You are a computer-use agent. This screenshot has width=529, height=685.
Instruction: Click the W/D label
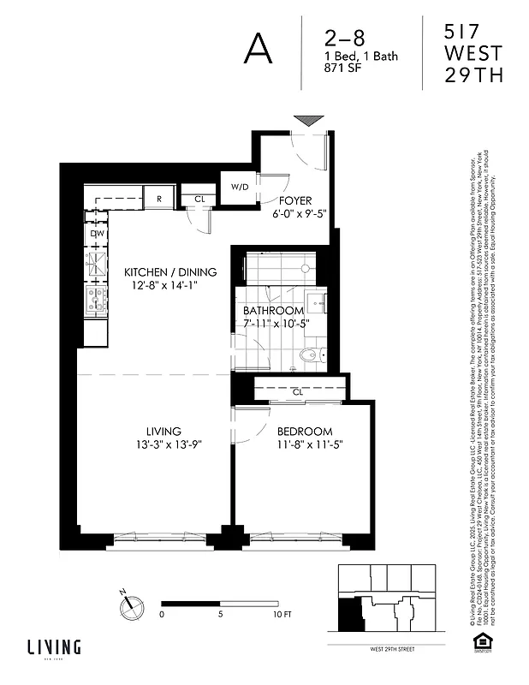coord(239,188)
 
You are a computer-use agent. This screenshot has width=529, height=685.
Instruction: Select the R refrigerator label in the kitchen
coord(158,199)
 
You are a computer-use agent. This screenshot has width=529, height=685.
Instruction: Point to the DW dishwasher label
coord(97,233)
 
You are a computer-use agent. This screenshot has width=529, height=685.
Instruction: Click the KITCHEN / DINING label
coord(170,272)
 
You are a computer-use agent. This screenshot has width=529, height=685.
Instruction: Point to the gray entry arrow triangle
coord(307,121)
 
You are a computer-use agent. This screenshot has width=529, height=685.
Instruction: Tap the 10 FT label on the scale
coord(282,615)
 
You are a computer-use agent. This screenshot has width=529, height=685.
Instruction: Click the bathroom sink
coord(314,301)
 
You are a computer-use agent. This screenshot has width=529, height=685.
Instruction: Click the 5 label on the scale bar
coord(221,615)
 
